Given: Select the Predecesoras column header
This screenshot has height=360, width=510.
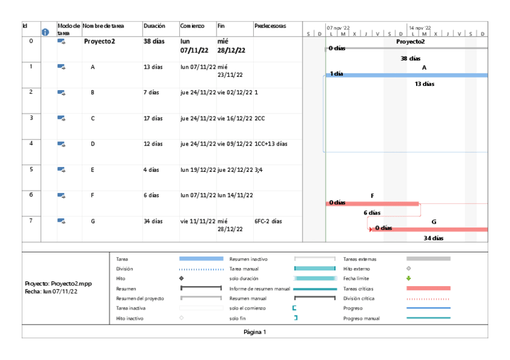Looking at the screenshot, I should (x=270, y=26).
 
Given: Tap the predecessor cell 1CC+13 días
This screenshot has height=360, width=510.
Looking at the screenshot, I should (x=271, y=144).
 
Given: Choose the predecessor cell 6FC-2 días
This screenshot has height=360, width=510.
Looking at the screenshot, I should (x=268, y=221).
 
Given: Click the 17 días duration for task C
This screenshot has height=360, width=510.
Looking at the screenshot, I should (x=153, y=118).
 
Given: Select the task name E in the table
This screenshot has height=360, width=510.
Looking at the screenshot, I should (x=93, y=170).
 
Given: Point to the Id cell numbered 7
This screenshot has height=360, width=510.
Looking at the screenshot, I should (x=31, y=221).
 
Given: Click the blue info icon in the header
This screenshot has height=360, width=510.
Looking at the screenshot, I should (x=45, y=32).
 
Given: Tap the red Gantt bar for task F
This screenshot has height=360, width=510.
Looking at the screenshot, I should (x=372, y=204).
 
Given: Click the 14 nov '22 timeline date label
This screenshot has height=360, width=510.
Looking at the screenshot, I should (x=419, y=28).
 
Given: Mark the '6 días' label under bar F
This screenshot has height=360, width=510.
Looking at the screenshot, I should (x=372, y=213).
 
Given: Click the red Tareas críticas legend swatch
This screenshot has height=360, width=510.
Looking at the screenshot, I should (x=428, y=288).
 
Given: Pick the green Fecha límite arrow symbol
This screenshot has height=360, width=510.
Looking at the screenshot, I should (x=408, y=278).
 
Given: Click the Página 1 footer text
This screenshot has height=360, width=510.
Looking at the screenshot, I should (x=254, y=331).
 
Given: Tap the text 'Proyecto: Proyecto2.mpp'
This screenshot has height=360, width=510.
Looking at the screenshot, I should (x=58, y=283).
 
